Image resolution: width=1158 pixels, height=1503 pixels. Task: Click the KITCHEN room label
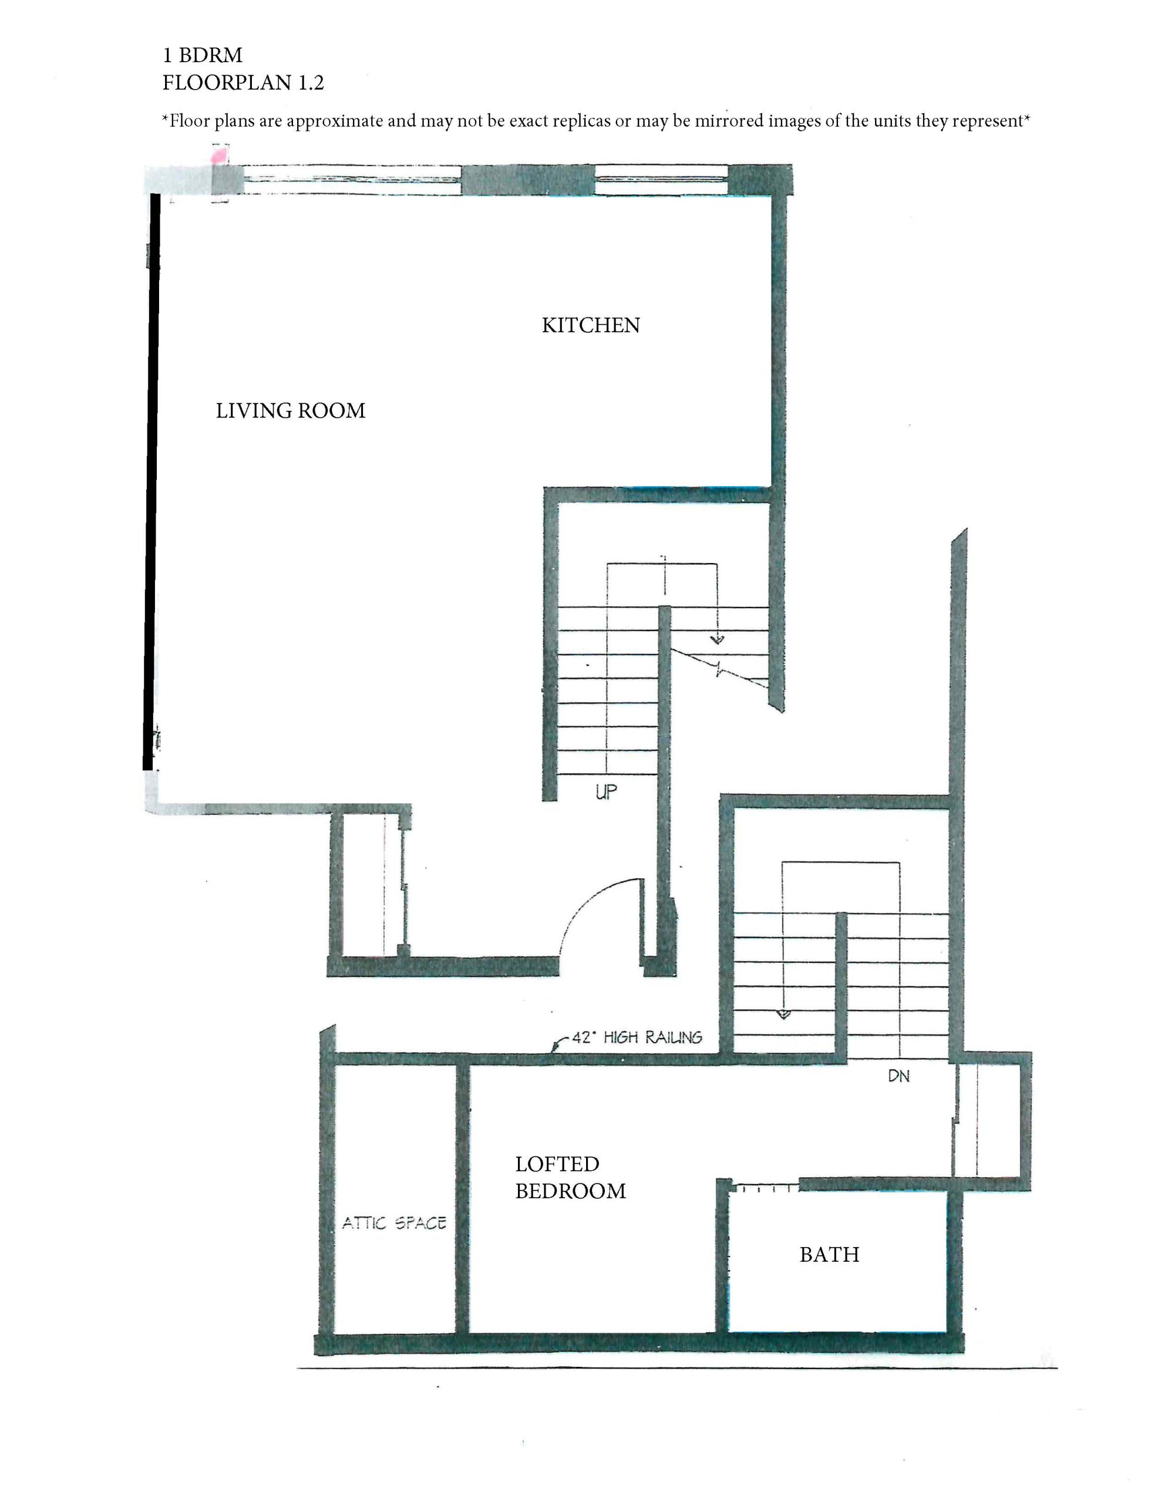point(591,325)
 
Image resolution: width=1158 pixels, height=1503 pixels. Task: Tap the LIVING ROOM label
point(291,411)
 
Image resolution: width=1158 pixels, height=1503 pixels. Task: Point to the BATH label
point(829,1255)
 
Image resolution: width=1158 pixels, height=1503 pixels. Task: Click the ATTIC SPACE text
point(395,1223)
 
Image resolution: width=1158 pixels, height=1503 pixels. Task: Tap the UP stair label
point(606,791)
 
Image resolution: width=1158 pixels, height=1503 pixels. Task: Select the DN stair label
point(898,1076)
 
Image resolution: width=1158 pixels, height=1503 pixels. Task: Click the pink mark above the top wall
point(220,154)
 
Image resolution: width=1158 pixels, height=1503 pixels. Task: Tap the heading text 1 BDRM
point(203,55)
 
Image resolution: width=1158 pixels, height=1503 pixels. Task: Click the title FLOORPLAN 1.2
point(243,83)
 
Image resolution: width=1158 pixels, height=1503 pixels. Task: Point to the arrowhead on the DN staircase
point(783,1014)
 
